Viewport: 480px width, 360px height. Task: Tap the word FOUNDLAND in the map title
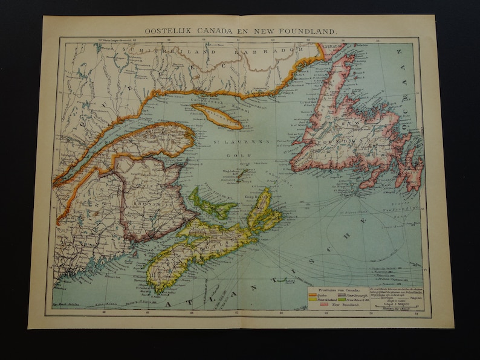(x=311, y=29)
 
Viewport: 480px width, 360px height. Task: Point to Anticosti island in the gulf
(x=216, y=116)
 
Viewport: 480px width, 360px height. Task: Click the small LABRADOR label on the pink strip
(x=332, y=46)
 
